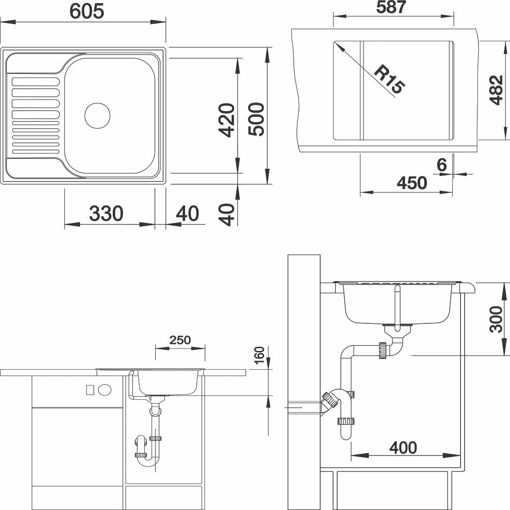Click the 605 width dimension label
click(x=87, y=11)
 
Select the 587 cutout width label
click(x=391, y=7)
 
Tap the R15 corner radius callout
click(x=390, y=79)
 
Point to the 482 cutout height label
click(x=496, y=90)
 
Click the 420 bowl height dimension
click(x=226, y=120)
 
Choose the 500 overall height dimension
click(x=256, y=119)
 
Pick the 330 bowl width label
click(x=107, y=213)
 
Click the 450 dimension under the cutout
click(x=412, y=183)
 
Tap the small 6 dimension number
click(x=442, y=165)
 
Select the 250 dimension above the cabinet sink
click(x=180, y=340)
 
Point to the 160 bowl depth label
click(x=259, y=355)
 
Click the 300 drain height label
click(x=496, y=319)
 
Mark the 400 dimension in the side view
click(x=403, y=448)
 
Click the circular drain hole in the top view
click(x=97, y=115)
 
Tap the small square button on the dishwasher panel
click(x=90, y=389)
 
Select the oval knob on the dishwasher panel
click(x=105, y=389)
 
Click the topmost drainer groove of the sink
click(x=36, y=82)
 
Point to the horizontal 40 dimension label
click(x=187, y=213)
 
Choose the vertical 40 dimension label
click(x=227, y=214)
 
